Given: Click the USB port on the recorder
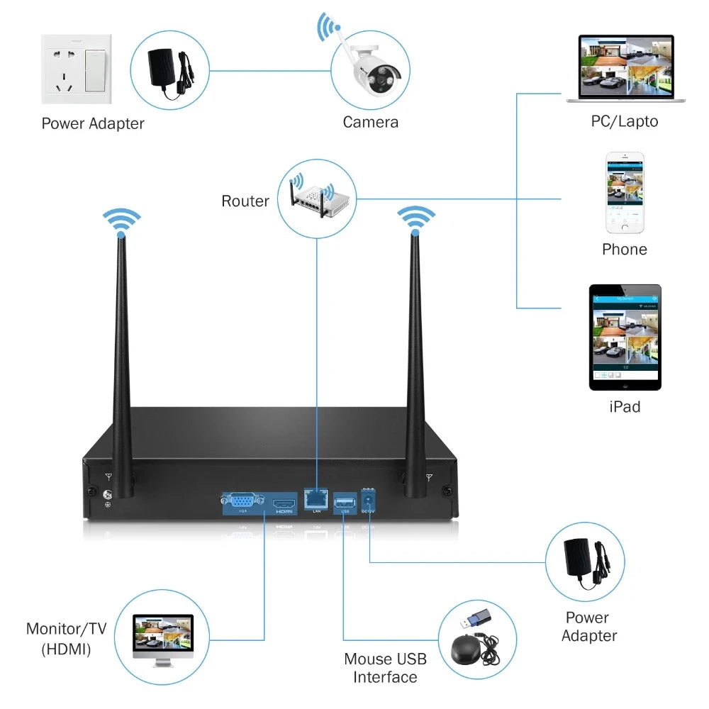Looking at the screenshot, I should [345, 498].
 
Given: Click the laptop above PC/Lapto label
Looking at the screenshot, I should [625, 69].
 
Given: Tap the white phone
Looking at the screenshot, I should [625, 192].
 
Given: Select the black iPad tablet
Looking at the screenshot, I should [625, 337].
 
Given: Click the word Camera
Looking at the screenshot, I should [370, 122].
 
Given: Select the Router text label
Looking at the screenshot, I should [245, 201].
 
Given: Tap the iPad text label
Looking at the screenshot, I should [624, 407].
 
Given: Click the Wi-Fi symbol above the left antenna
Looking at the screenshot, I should [121, 220].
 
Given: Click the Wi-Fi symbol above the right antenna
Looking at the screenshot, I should [415, 218].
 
